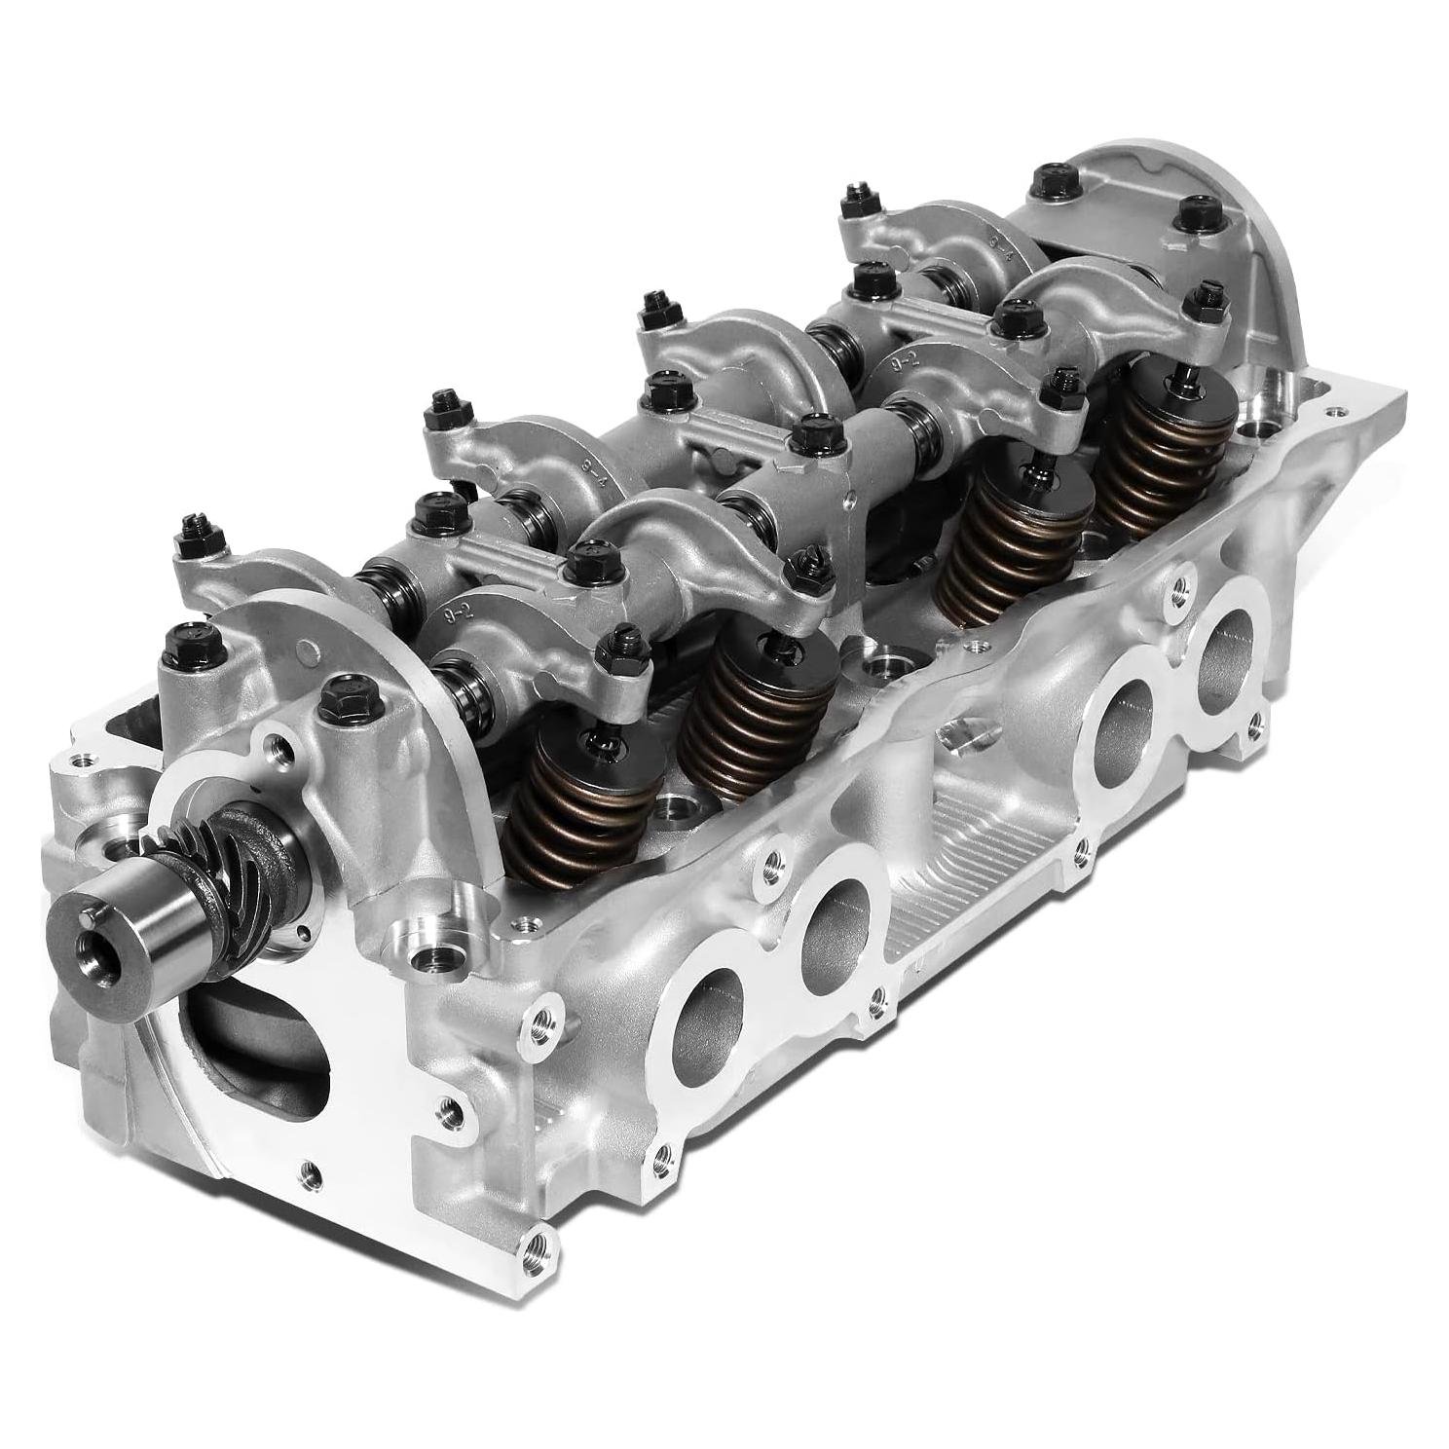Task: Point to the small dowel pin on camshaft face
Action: click(x=87, y=912)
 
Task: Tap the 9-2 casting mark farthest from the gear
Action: click(x=902, y=361)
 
